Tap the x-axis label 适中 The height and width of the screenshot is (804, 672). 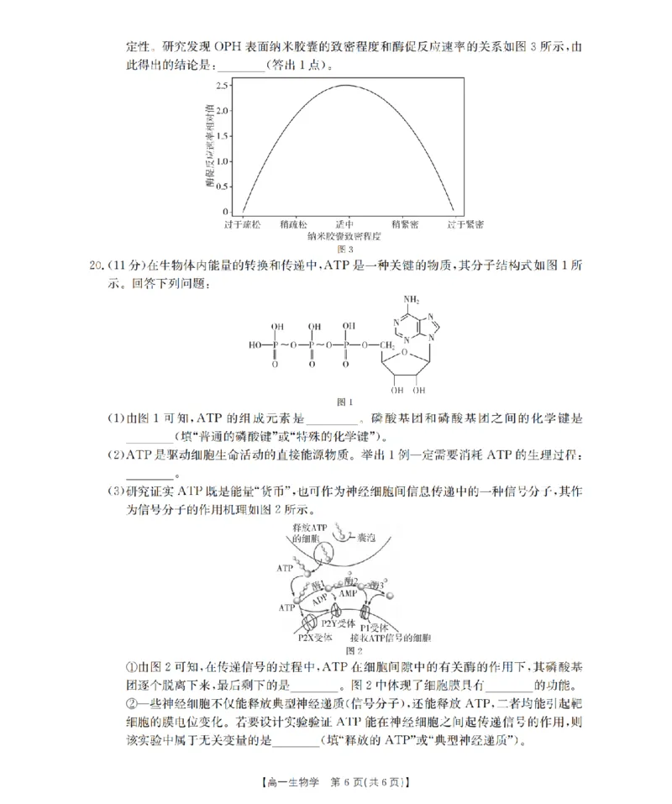coord(344,225)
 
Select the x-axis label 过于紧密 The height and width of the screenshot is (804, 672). coord(465,225)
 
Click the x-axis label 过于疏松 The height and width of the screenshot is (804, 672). coord(242,225)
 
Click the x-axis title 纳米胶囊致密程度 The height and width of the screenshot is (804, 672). coord(344,238)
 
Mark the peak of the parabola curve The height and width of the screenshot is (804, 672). coord(346,85)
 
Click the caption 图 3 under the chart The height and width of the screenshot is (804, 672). coord(344,250)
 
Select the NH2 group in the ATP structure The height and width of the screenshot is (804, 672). coord(411,299)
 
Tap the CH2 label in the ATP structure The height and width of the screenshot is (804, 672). coord(386,344)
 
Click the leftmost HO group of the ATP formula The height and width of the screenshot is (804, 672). coord(255,344)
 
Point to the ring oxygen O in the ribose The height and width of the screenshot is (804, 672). coord(405,353)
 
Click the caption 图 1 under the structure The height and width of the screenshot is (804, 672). coord(344,402)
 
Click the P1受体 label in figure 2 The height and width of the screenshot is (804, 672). coord(374,627)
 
